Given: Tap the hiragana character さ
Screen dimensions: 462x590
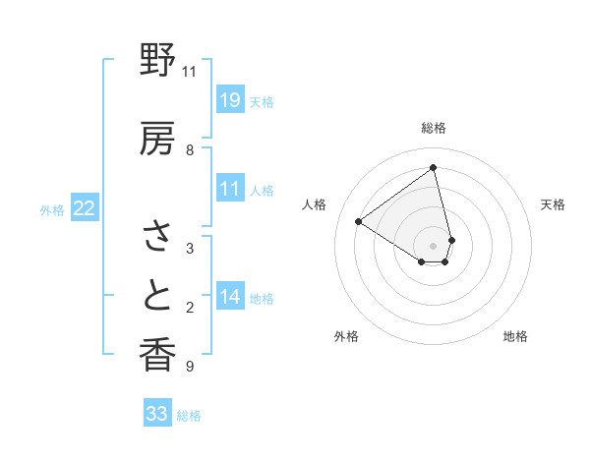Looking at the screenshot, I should [157, 237].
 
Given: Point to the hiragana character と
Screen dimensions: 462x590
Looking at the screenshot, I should [157, 295].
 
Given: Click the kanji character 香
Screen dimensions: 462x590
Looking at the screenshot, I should [157, 354].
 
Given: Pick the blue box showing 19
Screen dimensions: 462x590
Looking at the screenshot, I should [229, 100].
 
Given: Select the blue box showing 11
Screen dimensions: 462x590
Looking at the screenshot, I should [229, 190].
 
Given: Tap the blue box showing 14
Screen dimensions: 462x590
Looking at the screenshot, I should [229, 297].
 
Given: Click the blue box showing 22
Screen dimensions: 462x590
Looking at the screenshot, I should [85, 208].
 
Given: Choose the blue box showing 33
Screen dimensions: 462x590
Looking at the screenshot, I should [157, 414].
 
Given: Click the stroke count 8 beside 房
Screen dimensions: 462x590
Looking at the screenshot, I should [189, 149].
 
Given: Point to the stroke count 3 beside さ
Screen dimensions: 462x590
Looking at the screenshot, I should [189, 248].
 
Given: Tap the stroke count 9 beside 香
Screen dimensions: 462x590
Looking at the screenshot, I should [189, 367].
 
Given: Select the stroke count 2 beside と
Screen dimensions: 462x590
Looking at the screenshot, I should [189, 308].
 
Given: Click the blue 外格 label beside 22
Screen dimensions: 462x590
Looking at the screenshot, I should [52, 209].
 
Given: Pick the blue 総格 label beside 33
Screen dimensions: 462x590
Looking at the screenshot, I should [189, 416].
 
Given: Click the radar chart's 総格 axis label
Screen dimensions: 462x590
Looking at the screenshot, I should [434, 128].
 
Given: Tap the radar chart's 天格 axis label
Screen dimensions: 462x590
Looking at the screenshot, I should [553, 204].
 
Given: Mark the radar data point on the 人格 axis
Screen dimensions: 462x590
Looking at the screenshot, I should [359, 221].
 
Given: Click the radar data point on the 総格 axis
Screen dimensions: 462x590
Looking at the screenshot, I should [434, 168].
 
